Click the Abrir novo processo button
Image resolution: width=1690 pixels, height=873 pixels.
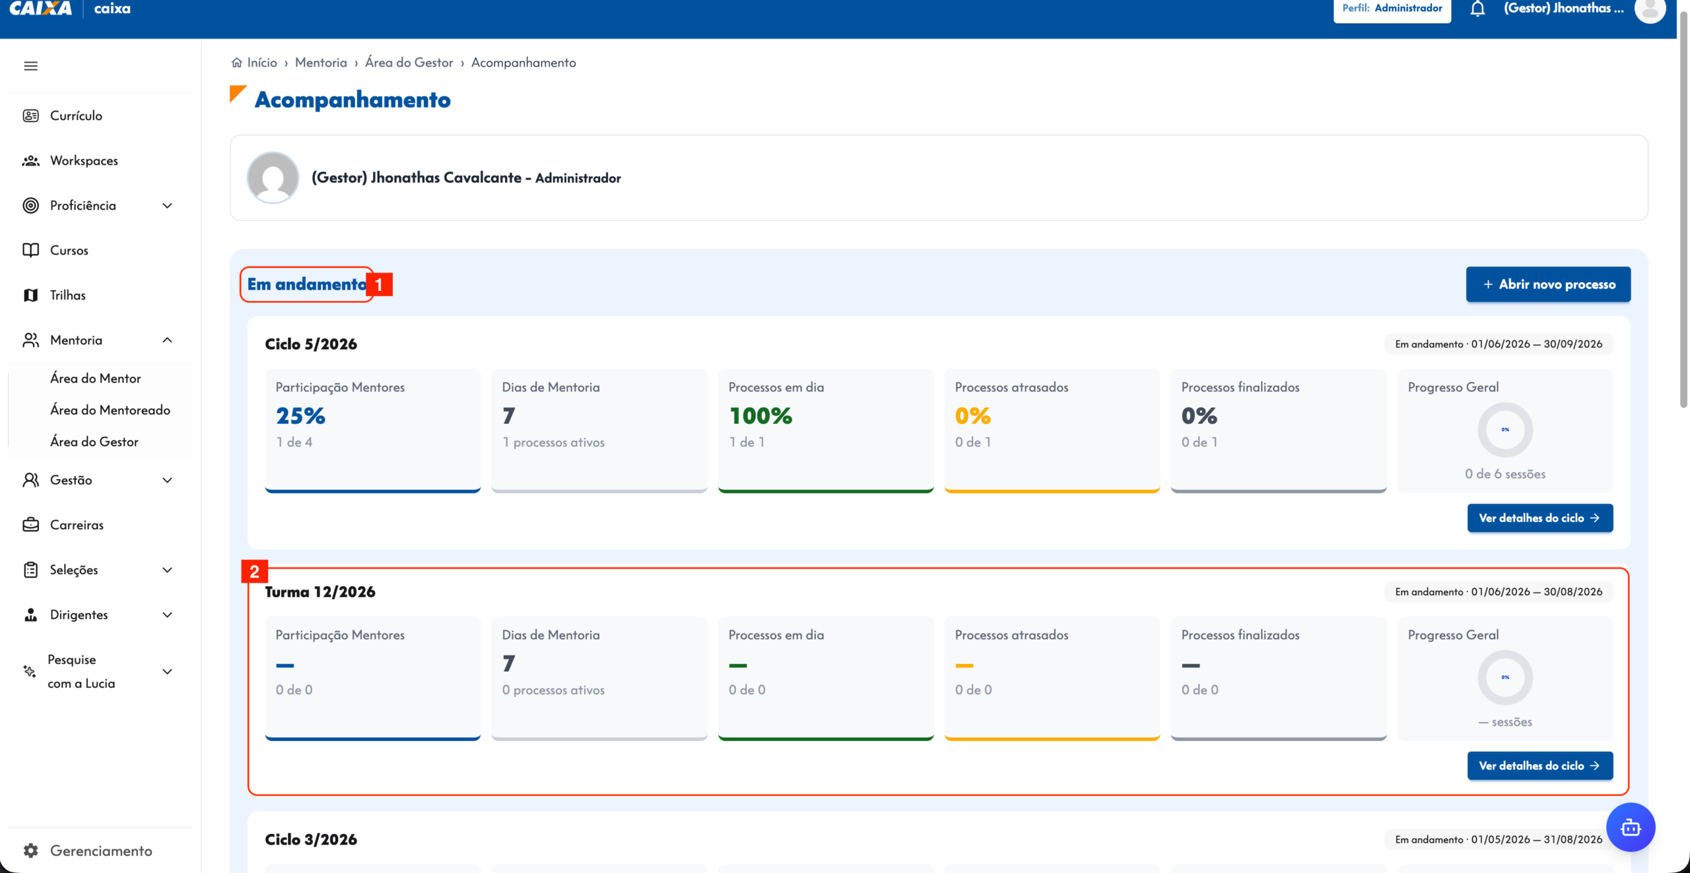point(1548,284)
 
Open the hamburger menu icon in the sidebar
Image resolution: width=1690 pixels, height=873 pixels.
point(30,66)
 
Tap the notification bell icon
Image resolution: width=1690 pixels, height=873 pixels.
point(1477,9)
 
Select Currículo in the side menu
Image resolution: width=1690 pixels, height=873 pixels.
point(76,115)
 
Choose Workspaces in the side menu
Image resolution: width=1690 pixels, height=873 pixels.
point(84,160)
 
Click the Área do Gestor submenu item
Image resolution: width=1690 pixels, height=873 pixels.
point(94,441)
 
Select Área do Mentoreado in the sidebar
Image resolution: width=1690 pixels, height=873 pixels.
point(110,410)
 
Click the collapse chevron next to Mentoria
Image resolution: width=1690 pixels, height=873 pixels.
point(168,340)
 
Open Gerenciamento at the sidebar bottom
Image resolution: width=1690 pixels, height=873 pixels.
point(101,851)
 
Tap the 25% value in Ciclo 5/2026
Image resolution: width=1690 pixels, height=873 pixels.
point(300,416)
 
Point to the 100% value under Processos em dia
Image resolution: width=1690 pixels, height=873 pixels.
point(760,416)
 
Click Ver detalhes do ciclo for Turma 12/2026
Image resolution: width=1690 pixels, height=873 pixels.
point(1540,765)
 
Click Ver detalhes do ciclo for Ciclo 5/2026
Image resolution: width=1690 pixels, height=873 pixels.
point(1540,518)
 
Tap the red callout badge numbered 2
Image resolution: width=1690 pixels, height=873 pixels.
point(254,571)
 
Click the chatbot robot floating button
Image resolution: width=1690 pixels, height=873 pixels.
point(1631,827)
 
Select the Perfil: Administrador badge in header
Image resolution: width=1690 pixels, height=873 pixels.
point(1392,9)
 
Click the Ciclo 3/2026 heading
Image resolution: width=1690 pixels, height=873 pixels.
point(311,839)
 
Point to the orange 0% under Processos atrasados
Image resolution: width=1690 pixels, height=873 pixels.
point(973,416)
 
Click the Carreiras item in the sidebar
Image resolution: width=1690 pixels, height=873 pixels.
point(77,525)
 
